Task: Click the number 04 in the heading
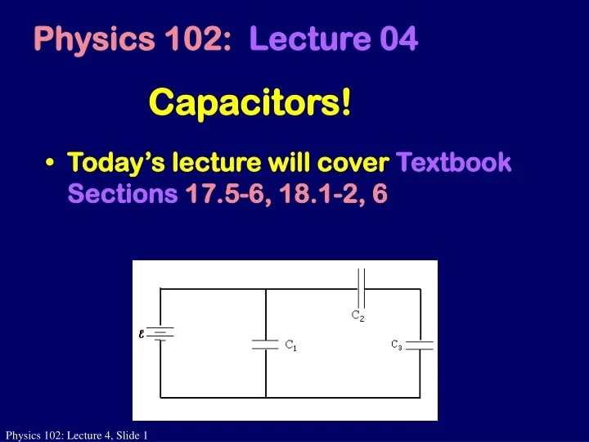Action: point(398,39)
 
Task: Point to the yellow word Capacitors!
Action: point(251,102)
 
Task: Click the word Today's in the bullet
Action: point(113,162)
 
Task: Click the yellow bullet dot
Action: point(52,163)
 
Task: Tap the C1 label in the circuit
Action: point(290,346)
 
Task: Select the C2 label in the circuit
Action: point(357,315)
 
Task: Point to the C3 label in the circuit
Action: point(396,345)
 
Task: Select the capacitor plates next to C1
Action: point(266,345)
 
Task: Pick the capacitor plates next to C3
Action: point(420,344)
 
